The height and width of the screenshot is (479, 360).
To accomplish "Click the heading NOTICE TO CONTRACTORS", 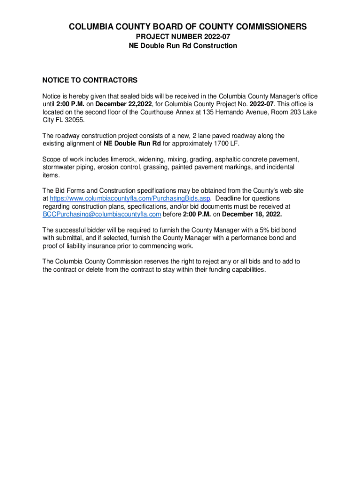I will [x=90, y=80].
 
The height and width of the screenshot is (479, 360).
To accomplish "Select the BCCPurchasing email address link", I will [x=102, y=214].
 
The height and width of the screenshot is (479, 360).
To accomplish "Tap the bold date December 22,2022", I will [x=125, y=104].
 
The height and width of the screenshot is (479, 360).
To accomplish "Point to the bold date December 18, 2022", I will [x=252, y=214].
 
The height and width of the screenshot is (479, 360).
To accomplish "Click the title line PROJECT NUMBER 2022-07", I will [x=183, y=36].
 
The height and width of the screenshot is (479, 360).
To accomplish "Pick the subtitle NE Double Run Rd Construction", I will [x=183, y=46].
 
